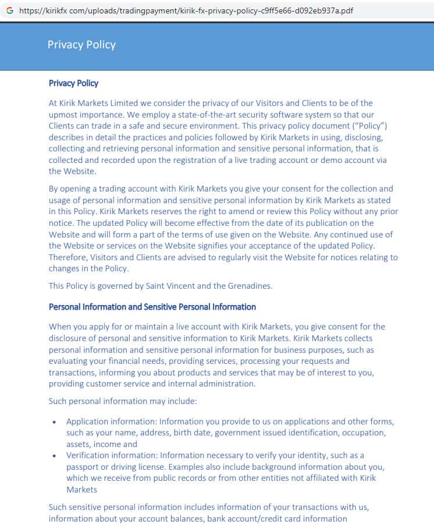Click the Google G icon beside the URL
coord(9,10)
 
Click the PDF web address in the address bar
coord(186,10)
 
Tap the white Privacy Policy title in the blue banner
coord(81,45)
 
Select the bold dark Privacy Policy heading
coord(73,83)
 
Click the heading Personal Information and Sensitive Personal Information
coord(152,307)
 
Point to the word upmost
coord(65,114)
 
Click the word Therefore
coord(70,257)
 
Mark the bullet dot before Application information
coord(55,422)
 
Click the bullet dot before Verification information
coord(55,456)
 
